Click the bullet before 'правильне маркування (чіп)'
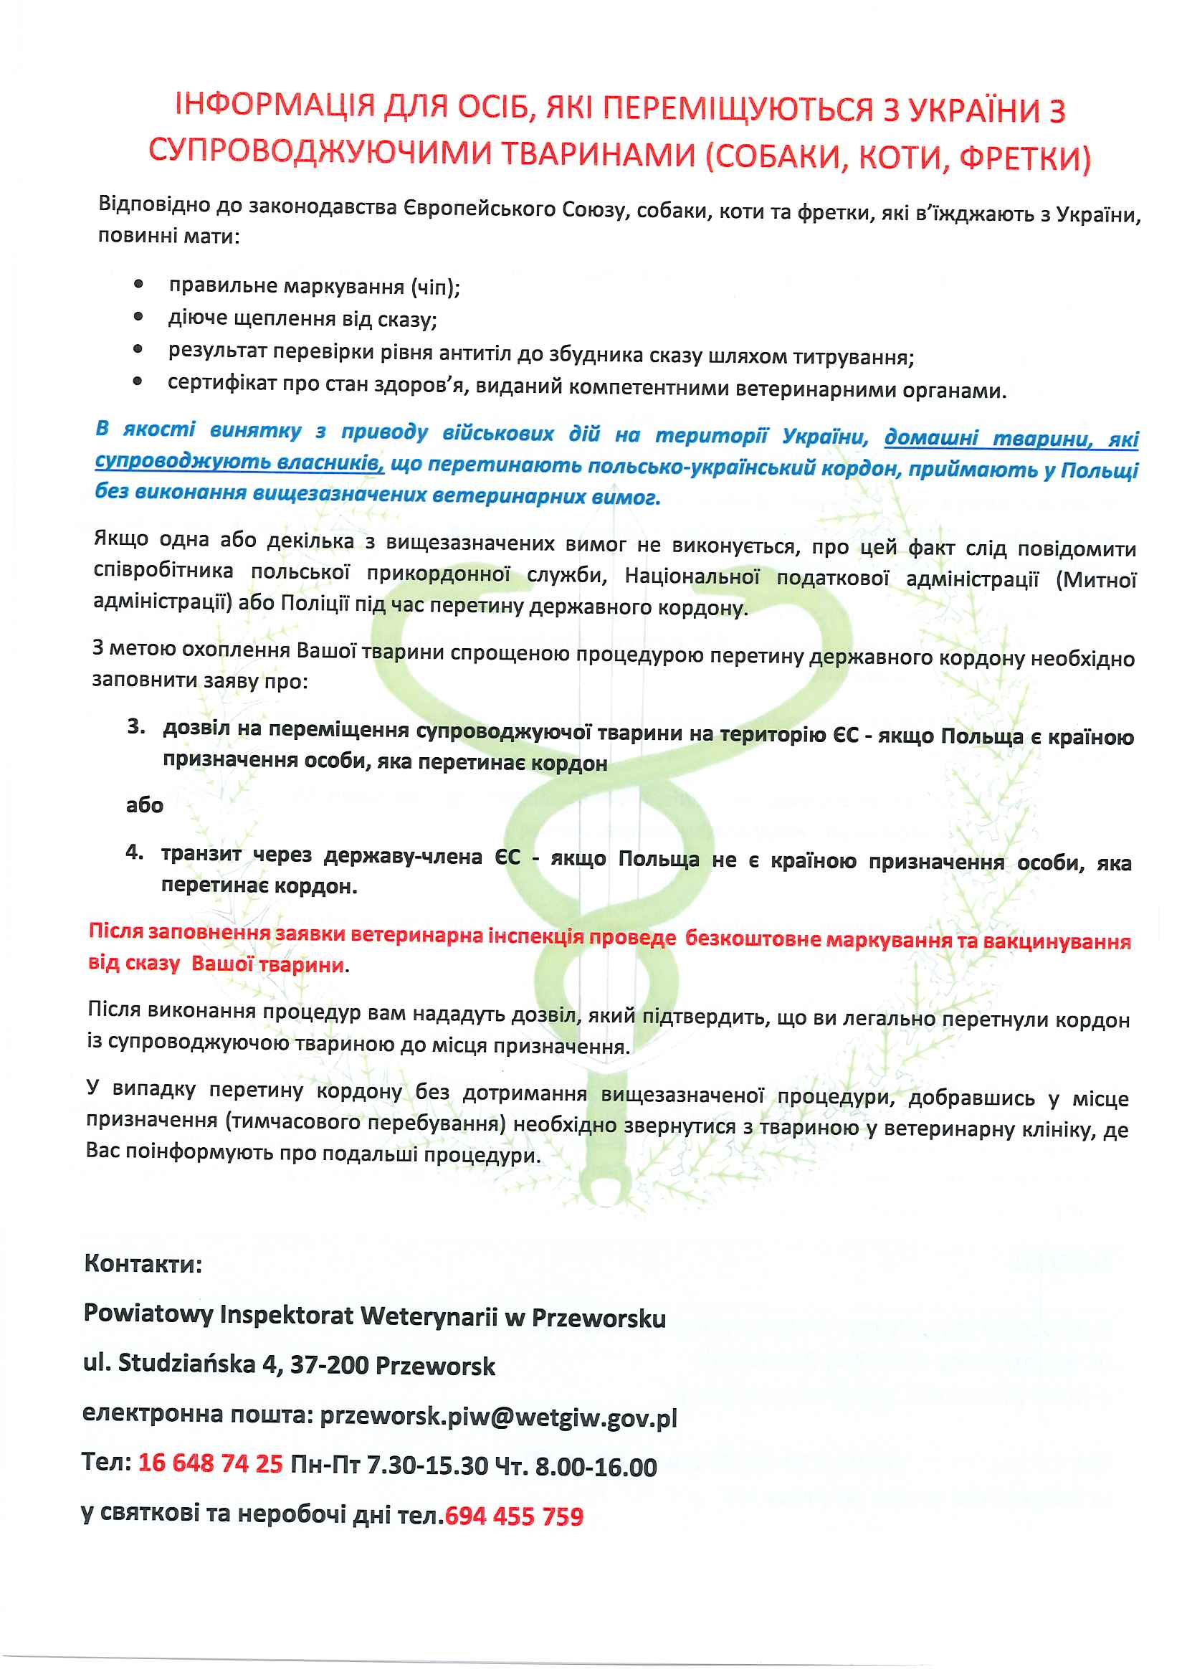[x=138, y=285]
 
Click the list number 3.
[x=136, y=726]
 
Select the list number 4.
[x=135, y=852]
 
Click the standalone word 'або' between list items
[x=145, y=806]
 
